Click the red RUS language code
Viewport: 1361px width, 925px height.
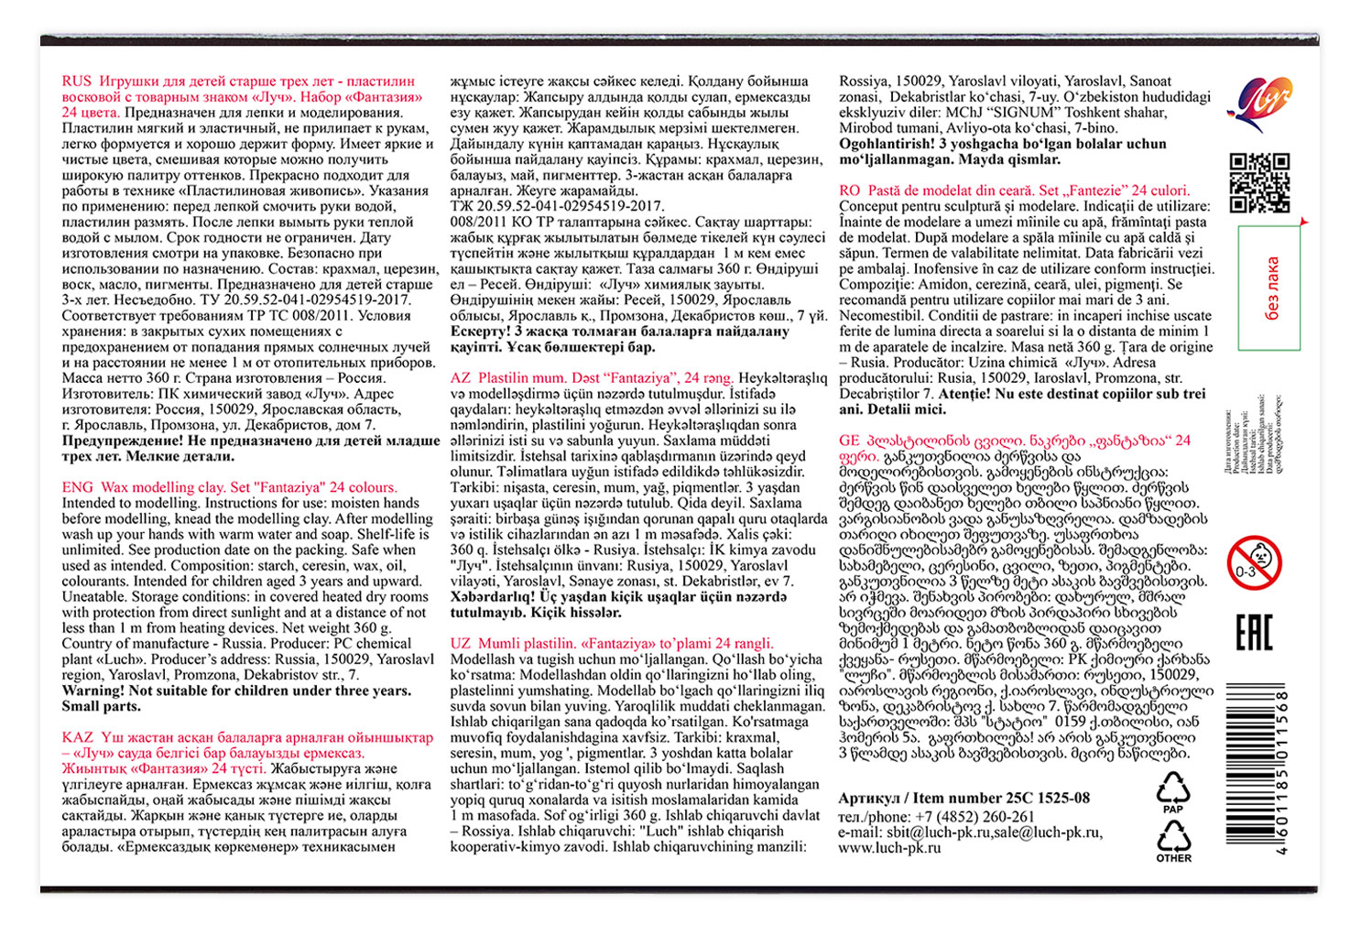[x=77, y=81]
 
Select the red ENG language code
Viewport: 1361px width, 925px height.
[x=77, y=487]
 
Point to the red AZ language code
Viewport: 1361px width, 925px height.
[x=461, y=377]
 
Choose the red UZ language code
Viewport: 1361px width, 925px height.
[x=461, y=643]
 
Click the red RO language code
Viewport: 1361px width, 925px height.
[x=849, y=190]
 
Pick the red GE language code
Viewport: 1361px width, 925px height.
[x=849, y=441]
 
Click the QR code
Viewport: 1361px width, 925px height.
[x=1259, y=182]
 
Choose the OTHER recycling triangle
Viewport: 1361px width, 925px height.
[x=1173, y=839]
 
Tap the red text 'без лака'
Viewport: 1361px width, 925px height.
[x=1271, y=288]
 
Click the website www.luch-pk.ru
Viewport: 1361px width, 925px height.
[x=889, y=848]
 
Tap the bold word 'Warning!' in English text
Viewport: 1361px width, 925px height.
[x=93, y=691]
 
